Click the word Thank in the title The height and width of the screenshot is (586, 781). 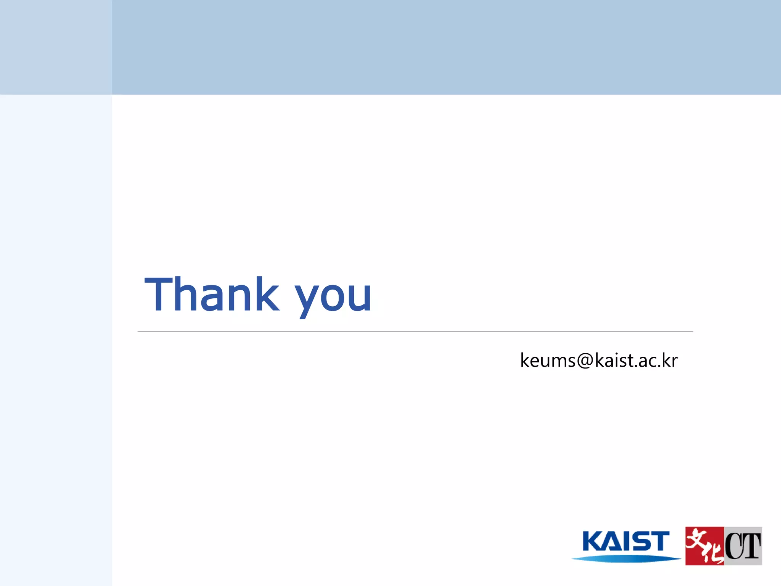point(212,295)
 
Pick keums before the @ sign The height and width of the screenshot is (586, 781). point(548,361)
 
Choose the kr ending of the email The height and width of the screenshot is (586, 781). point(669,361)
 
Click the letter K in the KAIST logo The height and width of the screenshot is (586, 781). point(592,541)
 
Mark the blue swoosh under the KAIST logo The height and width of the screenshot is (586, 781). point(626,559)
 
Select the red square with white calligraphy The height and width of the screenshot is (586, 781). point(704,546)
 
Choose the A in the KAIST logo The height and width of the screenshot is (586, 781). point(613,542)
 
